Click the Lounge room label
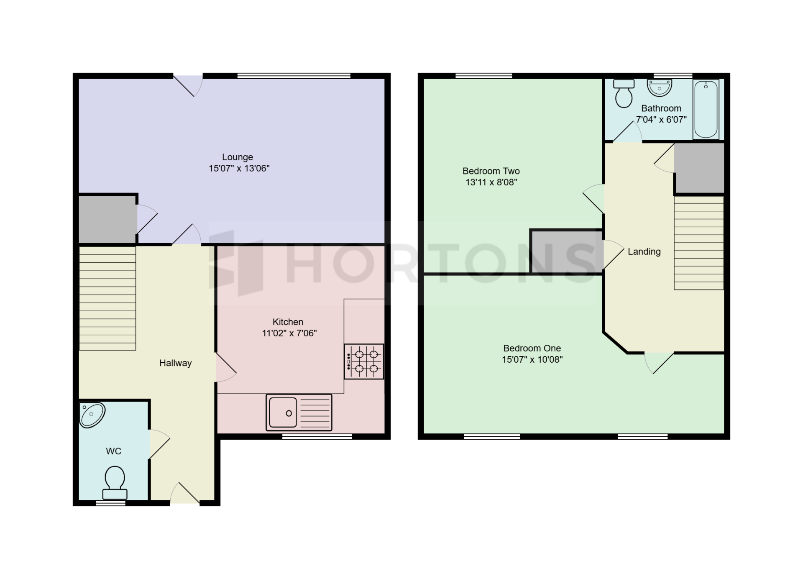point(238,157)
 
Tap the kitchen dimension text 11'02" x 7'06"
point(289,333)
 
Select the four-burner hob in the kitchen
point(364,361)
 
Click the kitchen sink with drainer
point(299,412)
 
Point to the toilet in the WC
point(115,483)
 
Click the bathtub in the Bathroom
point(706,109)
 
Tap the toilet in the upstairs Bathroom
point(624,93)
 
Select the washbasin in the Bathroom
point(659,88)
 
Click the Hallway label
point(176,363)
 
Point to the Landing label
point(644,252)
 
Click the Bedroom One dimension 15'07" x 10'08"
point(532,359)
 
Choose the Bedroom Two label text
point(491,171)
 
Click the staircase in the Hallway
point(107,298)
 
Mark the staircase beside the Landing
point(699,243)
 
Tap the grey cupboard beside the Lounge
point(107,219)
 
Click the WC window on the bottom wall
point(111,503)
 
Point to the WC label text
point(114,451)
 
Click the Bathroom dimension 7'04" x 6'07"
point(661,120)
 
